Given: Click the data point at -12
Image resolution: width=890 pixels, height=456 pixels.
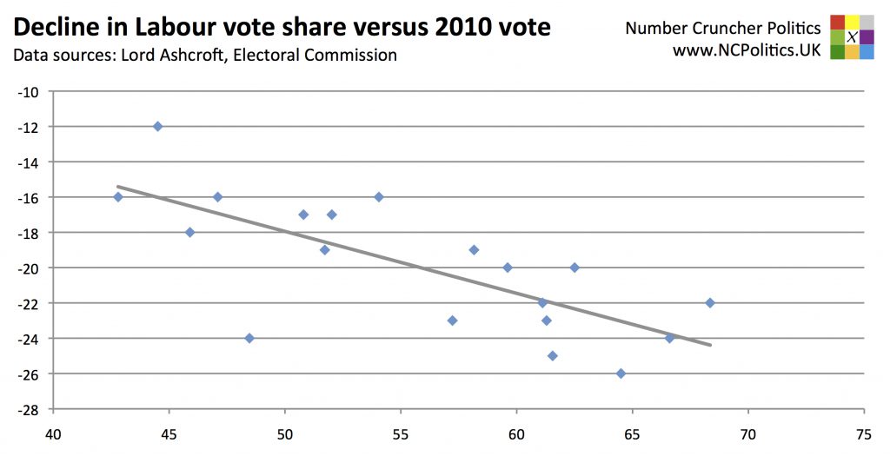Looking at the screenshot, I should (157, 126).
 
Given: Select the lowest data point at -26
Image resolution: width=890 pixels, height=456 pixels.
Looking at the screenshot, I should (621, 373).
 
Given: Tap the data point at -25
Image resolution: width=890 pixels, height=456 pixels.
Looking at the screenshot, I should (552, 355).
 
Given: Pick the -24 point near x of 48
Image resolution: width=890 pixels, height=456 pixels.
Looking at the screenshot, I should (249, 338).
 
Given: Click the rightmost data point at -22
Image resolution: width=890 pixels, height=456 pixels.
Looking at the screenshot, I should (709, 302).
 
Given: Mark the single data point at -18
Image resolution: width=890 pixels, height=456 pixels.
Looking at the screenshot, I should (189, 232).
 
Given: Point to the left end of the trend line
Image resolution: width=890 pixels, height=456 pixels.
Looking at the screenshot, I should (118, 186).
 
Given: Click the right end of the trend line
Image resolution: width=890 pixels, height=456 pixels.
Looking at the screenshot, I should (710, 345).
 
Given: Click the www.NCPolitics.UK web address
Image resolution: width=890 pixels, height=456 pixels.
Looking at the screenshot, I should (747, 50).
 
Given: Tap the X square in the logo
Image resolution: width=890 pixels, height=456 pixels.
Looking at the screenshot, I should (852, 36).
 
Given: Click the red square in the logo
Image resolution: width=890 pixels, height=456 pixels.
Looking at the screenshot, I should (837, 22).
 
